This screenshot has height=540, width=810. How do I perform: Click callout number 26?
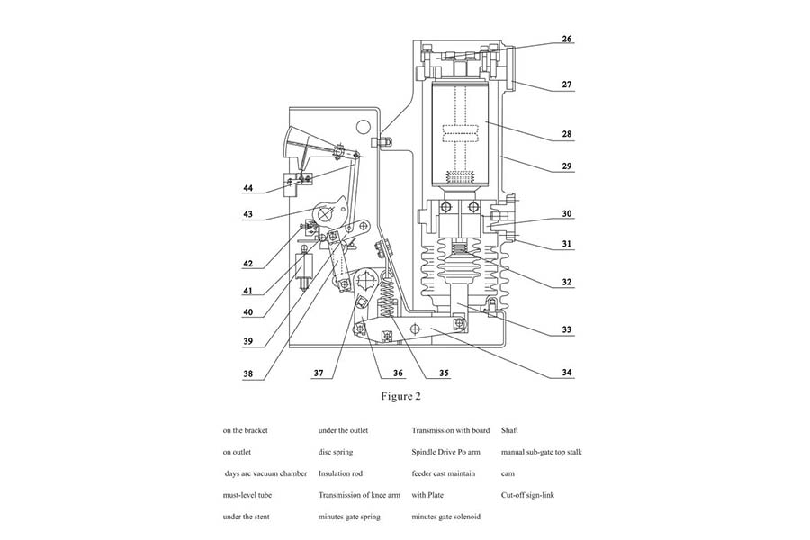pyautogui.click(x=568, y=40)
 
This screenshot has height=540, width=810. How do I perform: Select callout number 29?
pyautogui.click(x=568, y=166)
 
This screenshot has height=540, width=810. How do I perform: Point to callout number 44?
pyautogui.click(x=247, y=188)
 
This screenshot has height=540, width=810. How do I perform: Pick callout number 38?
pyautogui.click(x=247, y=373)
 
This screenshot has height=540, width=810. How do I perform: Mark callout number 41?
pyautogui.click(x=247, y=292)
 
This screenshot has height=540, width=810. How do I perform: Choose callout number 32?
pyautogui.click(x=568, y=283)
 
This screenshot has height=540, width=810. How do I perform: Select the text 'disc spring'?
pyautogui.click(x=336, y=452)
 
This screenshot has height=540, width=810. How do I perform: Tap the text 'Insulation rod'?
pyautogui.click(x=340, y=473)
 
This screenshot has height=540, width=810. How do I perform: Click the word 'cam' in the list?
pyautogui.click(x=508, y=473)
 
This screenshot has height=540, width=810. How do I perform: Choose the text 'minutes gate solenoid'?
pyautogui.click(x=445, y=517)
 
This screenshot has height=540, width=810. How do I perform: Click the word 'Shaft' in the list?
pyautogui.click(x=509, y=430)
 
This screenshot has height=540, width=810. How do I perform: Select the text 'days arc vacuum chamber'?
pyautogui.click(x=265, y=473)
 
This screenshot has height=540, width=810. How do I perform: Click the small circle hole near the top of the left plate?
pyautogui.click(x=363, y=127)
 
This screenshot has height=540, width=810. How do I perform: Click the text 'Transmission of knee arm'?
pyautogui.click(x=359, y=495)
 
